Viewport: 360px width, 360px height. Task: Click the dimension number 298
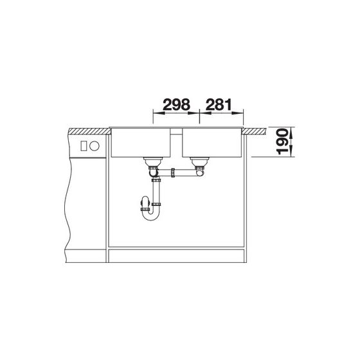tap(176, 105)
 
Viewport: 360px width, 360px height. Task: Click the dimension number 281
tap(219, 105)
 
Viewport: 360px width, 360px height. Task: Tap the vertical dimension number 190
tap(282, 141)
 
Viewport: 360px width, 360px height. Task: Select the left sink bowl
tap(141, 143)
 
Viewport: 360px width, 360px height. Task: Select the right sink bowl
tap(212, 143)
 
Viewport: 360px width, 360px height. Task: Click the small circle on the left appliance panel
tap(94, 146)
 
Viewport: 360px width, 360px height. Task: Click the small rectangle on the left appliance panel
tap(84, 146)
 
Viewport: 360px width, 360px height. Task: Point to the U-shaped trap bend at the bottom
tap(150, 215)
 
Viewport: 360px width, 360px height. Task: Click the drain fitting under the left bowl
tap(153, 162)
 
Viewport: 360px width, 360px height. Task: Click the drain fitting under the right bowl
tap(199, 162)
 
